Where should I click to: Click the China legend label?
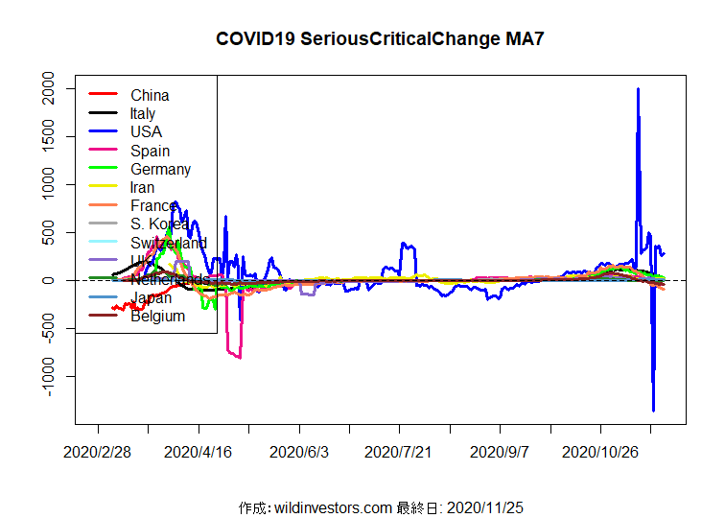(x=150, y=95)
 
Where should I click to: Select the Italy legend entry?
(x=143, y=113)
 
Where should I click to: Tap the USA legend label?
(x=146, y=131)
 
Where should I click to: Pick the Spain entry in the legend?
(x=150, y=151)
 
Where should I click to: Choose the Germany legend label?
(x=160, y=169)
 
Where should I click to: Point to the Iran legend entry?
(x=142, y=187)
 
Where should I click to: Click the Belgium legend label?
(x=157, y=317)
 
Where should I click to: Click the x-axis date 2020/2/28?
(x=97, y=451)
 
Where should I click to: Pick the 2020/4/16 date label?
(x=199, y=451)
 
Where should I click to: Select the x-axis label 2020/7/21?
(x=399, y=451)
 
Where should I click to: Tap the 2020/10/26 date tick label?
(x=599, y=451)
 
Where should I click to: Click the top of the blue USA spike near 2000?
(x=638, y=89)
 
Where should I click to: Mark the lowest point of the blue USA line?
(x=653, y=411)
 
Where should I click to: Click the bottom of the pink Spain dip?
(x=239, y=358)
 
